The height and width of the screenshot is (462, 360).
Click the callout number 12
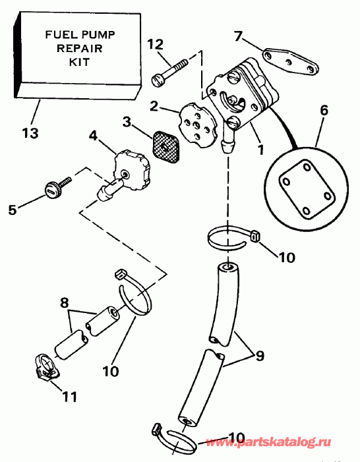coord(156,44)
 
